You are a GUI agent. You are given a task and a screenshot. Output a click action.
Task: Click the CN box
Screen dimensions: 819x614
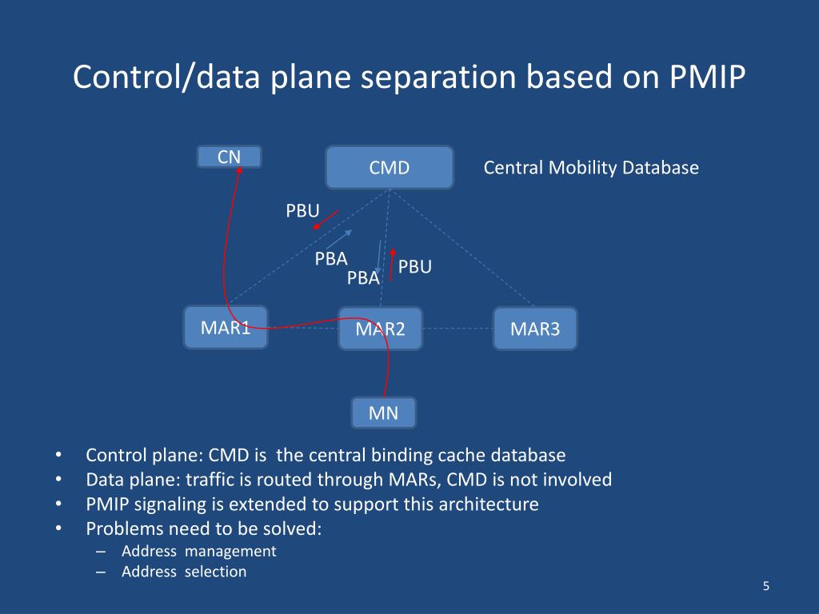click(230, 157)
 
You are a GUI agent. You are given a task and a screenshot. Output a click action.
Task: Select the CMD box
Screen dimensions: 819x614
click(390, 168)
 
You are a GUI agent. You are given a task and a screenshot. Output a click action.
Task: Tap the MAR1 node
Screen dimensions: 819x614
click(226, 327)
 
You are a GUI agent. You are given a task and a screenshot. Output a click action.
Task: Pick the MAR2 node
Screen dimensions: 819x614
click(381, 329)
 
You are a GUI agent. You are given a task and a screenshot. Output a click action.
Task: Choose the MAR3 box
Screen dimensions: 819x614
click(535, 329)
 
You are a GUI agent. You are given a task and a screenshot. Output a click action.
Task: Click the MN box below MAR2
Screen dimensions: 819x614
click(383, 413)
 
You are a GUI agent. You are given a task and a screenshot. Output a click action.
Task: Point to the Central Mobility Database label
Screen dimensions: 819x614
click(591, 168)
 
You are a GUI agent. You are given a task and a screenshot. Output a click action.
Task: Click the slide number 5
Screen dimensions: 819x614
click(765, 587)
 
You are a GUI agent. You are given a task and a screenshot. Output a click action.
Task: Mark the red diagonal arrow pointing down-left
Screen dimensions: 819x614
click(326, 219)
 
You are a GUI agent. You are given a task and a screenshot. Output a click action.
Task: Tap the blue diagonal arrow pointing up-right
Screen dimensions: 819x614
click(334, 238)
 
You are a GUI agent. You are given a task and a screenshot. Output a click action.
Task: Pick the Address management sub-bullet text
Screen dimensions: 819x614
click(199, 551)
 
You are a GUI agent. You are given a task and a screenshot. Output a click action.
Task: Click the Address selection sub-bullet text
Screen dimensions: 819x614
click(184, 572)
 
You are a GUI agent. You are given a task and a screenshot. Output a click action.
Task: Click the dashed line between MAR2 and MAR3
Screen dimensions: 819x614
click(457, 329)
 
